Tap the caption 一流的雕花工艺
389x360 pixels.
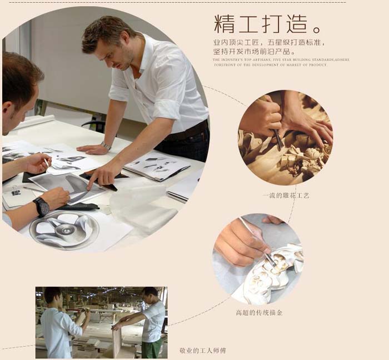tap(285, 196)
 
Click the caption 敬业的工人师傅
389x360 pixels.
tap(203, 351)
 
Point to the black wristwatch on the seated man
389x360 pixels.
tap(41, 207)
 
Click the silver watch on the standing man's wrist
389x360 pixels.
tap(106, 146)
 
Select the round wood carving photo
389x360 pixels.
tap(286, 137)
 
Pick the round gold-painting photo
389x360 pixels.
tap(258, 259)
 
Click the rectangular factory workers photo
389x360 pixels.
tap(101, 322)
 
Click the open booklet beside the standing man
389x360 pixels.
tap(150, 167)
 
